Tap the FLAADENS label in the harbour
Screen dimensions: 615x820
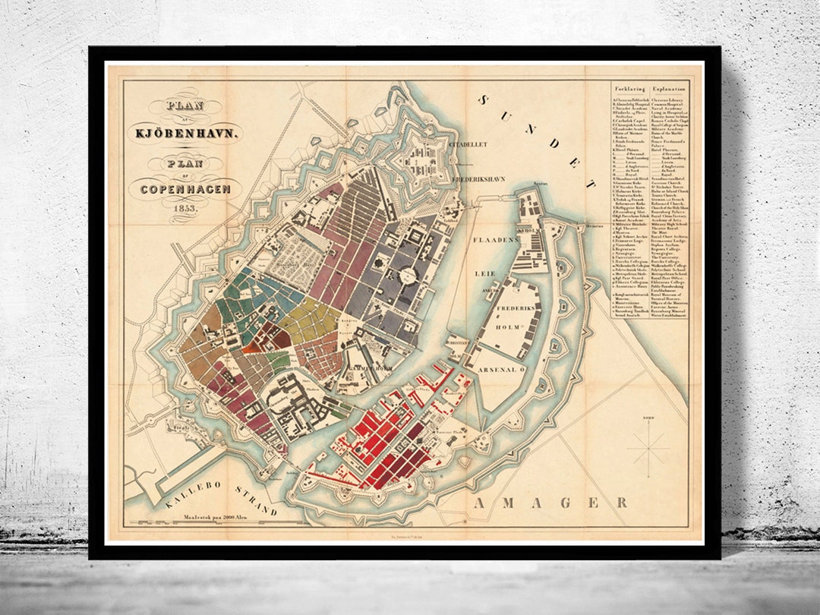pos(496,238)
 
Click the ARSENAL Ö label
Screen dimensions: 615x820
pos(503,370)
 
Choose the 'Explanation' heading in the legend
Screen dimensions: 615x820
pos(668,88)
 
